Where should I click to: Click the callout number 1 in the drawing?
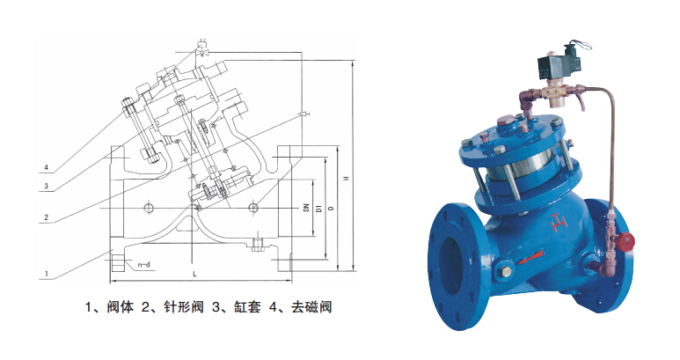coord(47,274)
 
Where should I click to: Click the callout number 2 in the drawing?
coord(47,217)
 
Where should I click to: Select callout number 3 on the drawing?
coord(47,187)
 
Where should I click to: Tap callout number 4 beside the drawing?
coord(47,167)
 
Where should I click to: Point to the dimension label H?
coord(346,179)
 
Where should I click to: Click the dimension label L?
coord(194,274)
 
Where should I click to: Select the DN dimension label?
coord(306,208)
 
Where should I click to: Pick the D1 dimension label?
coord(318,209)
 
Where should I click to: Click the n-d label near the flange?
coord(144,265)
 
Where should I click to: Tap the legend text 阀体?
coord(120,307)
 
